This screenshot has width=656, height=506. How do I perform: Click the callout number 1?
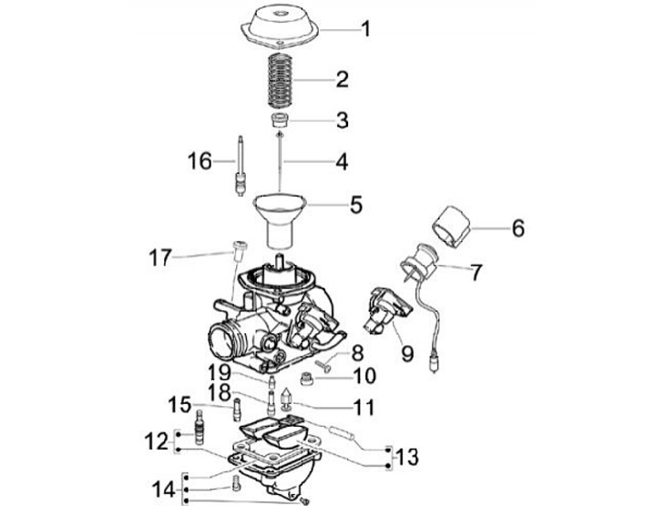[366, 29]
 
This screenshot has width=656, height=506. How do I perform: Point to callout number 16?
[200, 161]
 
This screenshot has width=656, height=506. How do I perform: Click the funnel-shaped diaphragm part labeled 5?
[280, 219]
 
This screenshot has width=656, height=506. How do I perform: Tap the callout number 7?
[476, 272]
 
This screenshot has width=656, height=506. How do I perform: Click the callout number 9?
[406, 353]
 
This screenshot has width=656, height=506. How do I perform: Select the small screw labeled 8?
[323, 366]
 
